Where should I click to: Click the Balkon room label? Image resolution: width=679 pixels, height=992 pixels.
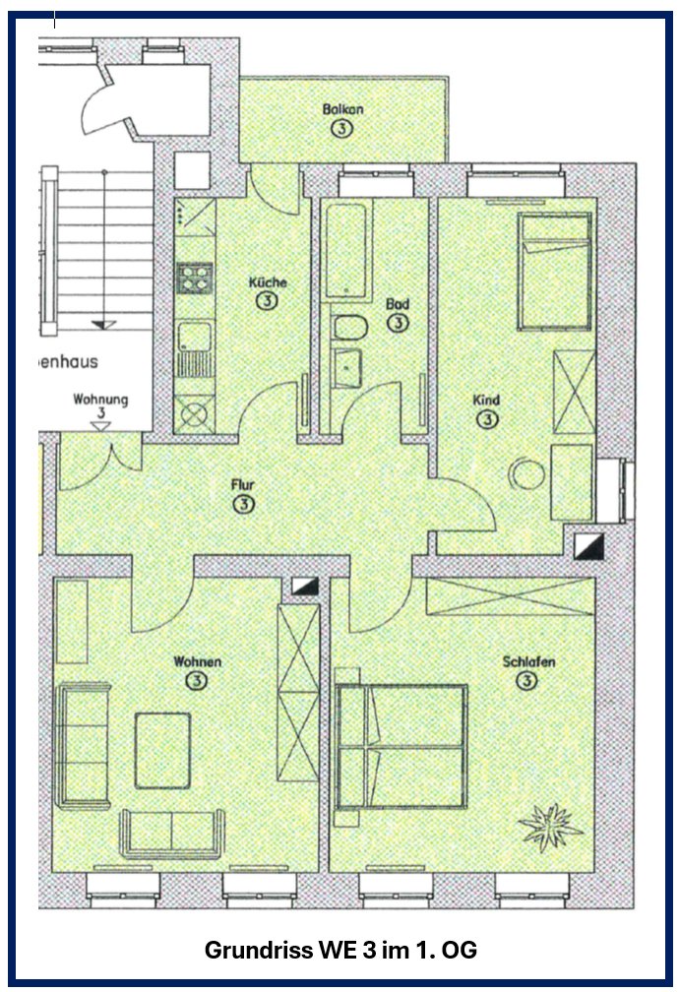click(x=342, y=109)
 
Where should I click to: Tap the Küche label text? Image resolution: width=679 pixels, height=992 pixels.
click(x=268, y=282)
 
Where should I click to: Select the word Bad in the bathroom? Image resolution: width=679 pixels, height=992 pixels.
click(x=398, y=304)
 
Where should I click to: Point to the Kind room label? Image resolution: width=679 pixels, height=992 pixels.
click(x=486, y=400)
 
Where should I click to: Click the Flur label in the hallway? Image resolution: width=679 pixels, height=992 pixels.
click(x=243, y=485)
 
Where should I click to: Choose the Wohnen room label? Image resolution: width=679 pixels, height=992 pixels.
click(x=198, y=661)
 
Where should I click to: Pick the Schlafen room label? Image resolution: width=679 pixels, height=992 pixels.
click(x=528, y=661)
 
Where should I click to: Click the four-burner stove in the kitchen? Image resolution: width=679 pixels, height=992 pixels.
click(x=194, y=279)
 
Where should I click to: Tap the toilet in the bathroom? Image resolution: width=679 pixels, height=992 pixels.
click(x=350, y=329)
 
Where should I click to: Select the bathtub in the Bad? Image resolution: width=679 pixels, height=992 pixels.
click(x=345, y=251)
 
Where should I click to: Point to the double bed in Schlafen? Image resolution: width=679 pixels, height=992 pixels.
click(x=401, y=747)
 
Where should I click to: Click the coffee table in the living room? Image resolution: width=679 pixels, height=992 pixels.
click(x=162, y=750)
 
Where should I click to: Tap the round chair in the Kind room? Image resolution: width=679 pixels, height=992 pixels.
click(x=526, y=474)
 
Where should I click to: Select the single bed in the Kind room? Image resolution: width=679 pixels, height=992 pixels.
click(x=555, y=272)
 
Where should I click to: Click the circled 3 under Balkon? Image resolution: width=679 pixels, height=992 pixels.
click(x=341, y=128)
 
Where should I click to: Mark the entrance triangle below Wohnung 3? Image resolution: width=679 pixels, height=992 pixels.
click(x=100, y=426)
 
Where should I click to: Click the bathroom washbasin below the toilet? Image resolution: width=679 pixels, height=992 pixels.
click(x=346, y=368)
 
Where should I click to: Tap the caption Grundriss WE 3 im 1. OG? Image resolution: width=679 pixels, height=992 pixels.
click(x=340, y=949)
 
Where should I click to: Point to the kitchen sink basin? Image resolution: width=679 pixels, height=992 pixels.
click(x=194, y=336)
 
